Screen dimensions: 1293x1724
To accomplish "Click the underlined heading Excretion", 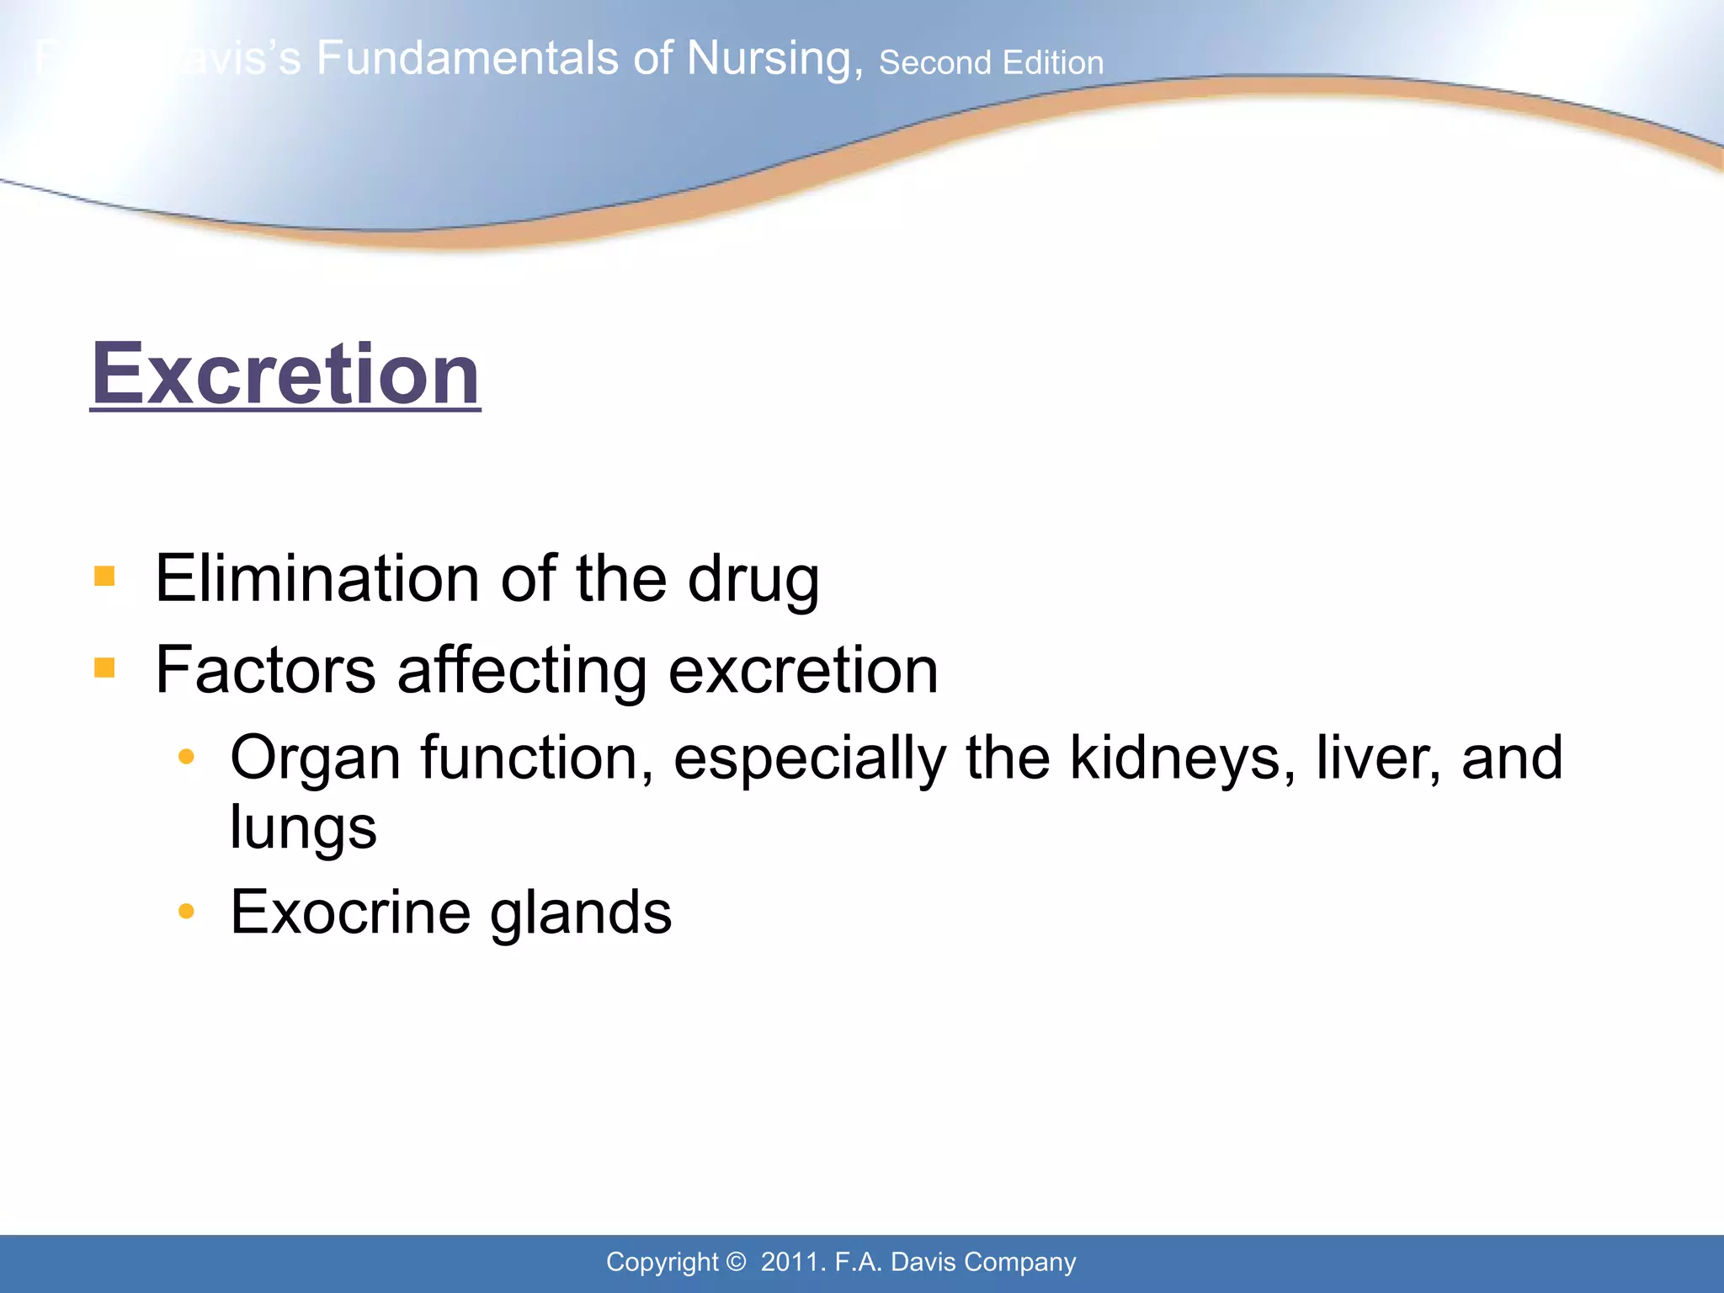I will click(x=285, y=374).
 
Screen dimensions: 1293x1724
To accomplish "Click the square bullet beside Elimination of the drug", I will click(x=104, y=577).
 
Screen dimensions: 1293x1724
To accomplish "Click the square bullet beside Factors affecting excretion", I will click(x=104, y=668).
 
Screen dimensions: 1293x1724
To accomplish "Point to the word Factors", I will click(x=265, y=670).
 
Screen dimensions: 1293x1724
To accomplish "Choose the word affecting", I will click(x=521, y=670).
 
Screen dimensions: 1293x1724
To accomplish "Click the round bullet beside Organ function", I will click(x=187, y=757).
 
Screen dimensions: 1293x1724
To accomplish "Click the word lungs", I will click(x=303, y=827).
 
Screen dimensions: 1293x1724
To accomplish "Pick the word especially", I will click(x=809, y=759).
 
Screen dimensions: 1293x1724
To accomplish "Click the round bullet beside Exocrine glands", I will click(x=187, y=911).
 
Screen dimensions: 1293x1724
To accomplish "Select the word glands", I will click(x=581, y=913).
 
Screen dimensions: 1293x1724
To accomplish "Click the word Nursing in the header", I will click(x=774, y=59).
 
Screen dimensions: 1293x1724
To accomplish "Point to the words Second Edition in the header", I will click(x=991, y=63).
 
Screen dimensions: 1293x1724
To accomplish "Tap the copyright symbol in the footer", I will click(x=736, y=1262).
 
